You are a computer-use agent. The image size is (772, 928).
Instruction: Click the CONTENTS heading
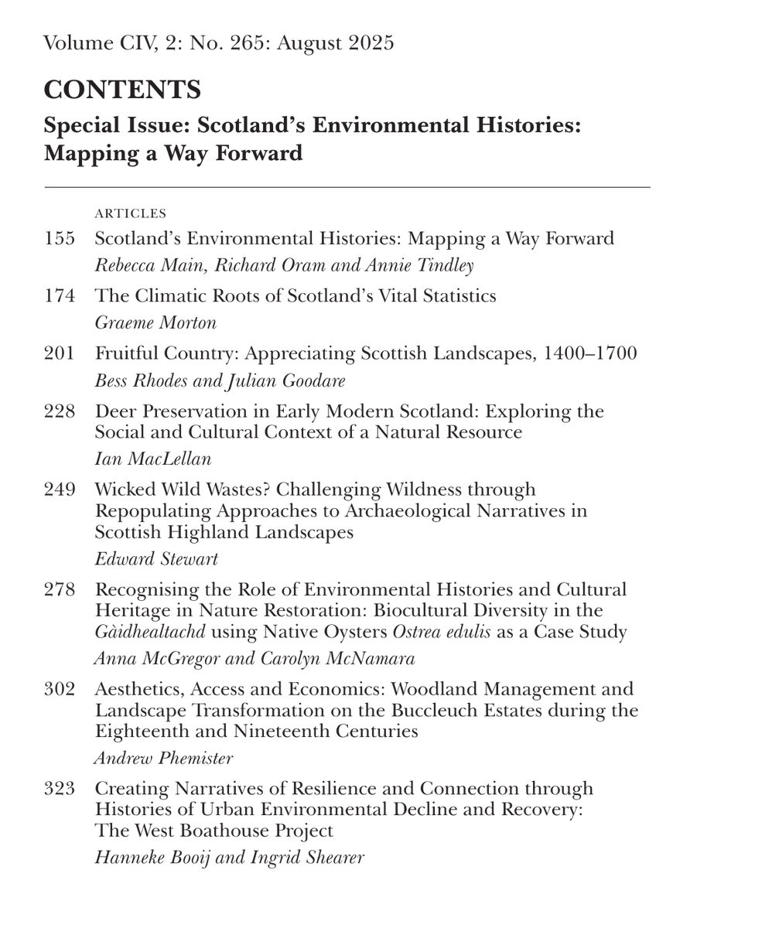point(122,90)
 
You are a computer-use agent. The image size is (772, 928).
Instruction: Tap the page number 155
point(60,239)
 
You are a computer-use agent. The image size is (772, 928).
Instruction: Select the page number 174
point(60,296)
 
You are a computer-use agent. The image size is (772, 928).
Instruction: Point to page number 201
point(60,354)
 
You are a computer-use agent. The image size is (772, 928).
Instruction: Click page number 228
point(60,411)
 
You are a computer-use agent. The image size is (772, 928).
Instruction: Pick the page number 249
point(60,490)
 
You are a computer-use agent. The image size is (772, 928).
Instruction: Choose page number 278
point(60,591)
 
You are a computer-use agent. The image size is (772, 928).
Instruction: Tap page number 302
point(60,690)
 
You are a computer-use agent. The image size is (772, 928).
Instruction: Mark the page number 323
point(60,789)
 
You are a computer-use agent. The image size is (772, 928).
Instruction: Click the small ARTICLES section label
point(130,213)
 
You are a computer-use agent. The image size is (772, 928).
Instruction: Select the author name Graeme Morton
point(155,323)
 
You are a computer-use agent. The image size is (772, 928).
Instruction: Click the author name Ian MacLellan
point(153,459)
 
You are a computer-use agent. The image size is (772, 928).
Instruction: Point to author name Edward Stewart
point(156,559)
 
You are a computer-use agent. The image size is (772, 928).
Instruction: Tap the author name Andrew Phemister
point(163,759)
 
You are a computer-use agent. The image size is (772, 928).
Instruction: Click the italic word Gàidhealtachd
point(150,633)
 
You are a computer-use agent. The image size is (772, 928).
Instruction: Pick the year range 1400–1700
point(590,354)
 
